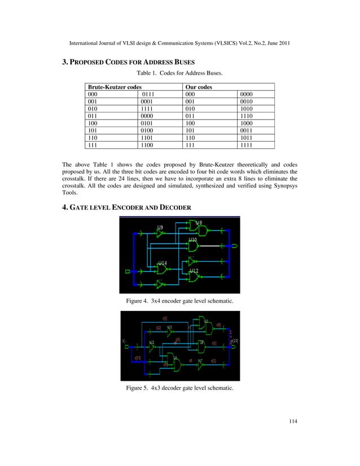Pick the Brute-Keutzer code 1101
click(148, 137)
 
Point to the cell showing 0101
click(148, 123)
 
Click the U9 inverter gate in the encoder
click(160, 232)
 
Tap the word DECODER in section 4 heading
click(175, 208)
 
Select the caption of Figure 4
click(179, 301)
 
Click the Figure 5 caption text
click(179, 389)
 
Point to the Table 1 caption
click(180, 73)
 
